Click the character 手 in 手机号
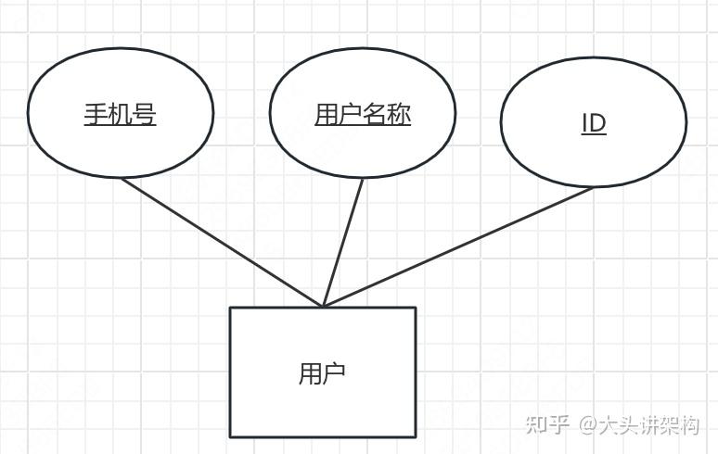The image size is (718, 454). click(96, 114)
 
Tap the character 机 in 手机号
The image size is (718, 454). click(120, 114)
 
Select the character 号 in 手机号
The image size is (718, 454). click(144, 114)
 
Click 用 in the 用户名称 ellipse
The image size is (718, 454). click(327, 114)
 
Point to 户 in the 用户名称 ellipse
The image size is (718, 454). click(351, 114)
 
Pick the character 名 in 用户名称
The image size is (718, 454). click(375, 114)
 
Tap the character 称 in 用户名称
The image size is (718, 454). click(399, 114)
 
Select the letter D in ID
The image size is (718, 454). click(597, 123)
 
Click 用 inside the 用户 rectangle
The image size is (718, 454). click(310, 373)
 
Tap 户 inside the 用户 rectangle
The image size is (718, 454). click(334, 373)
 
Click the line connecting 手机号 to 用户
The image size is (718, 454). click(223, 242)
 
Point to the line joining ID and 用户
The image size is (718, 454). click(459, 246)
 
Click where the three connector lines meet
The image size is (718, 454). click(323, 306)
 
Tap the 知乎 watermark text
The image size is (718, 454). click(546, 425)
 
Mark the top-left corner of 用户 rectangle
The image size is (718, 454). click(231, 308)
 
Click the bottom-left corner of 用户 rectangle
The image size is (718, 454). click(231, 436)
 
